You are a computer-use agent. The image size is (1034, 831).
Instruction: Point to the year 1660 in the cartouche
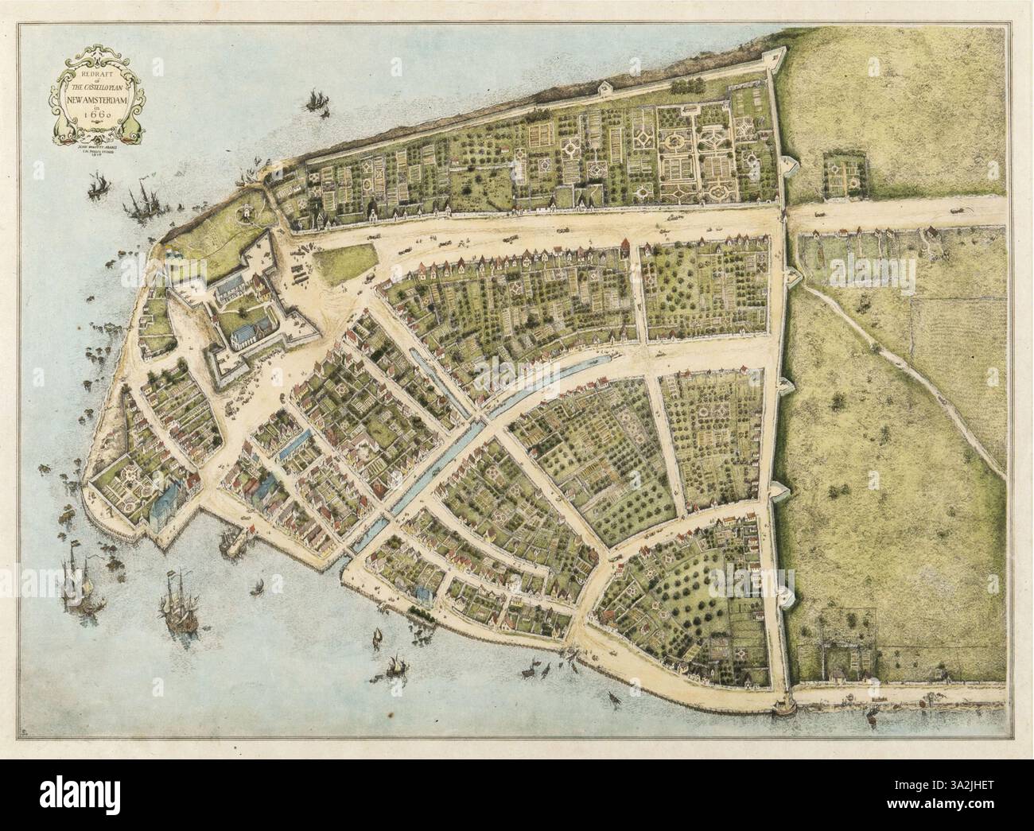coord(95,119)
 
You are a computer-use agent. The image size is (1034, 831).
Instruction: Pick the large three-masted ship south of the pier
coord(178,608)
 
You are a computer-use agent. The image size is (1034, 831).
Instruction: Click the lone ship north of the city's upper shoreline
coord(316,101)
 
